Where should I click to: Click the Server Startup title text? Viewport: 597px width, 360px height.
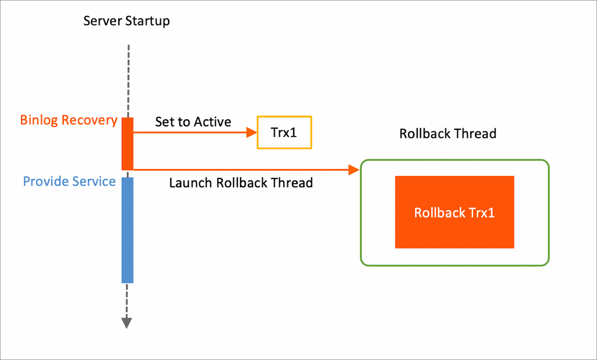pos(127,21)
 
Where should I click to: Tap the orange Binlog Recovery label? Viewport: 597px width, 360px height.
pos(69,120)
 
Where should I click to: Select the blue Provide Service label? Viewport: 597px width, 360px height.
pos(70,181)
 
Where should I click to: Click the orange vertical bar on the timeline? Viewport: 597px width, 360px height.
pos(128,144)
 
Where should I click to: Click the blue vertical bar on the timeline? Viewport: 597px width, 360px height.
pos(128,230)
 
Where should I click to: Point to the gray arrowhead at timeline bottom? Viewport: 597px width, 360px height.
pos(127,322)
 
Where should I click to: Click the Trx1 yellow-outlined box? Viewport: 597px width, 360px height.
pos(284,133)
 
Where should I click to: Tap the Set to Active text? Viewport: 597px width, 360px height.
pos(193,122)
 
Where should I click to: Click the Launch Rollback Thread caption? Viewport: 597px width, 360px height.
pos(241,183)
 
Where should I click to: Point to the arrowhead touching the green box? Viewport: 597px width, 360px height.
pos(354,170)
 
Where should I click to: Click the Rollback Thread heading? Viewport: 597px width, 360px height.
pos(448,134)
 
